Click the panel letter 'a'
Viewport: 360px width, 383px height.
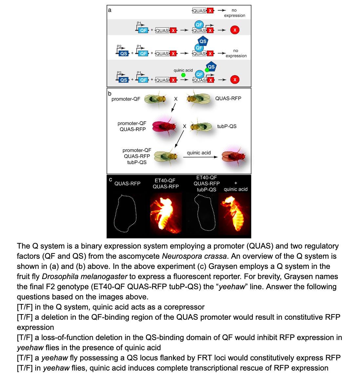coord(110,10)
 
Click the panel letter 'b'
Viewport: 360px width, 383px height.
coord(110,93)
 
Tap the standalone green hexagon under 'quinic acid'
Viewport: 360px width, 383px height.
coord(183,75)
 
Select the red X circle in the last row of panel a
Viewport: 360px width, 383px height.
coord(234,80)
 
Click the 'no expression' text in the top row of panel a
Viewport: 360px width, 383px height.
coord(234,13)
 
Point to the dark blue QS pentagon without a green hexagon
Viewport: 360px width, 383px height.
coord(203,41)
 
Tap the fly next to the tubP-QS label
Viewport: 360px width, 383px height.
coord(201,127)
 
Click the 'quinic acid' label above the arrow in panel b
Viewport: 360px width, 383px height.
coord(199,153)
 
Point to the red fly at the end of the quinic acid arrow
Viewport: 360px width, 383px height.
coord(233,156)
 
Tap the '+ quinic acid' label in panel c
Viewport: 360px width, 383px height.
coord(235,186)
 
